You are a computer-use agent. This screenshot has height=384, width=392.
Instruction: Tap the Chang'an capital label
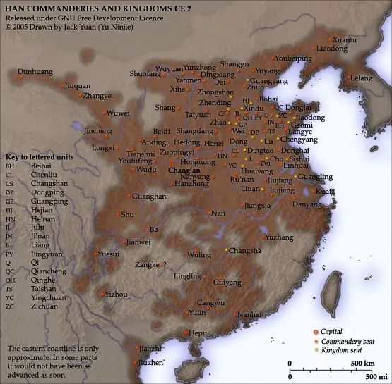click(x=184, y=170)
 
